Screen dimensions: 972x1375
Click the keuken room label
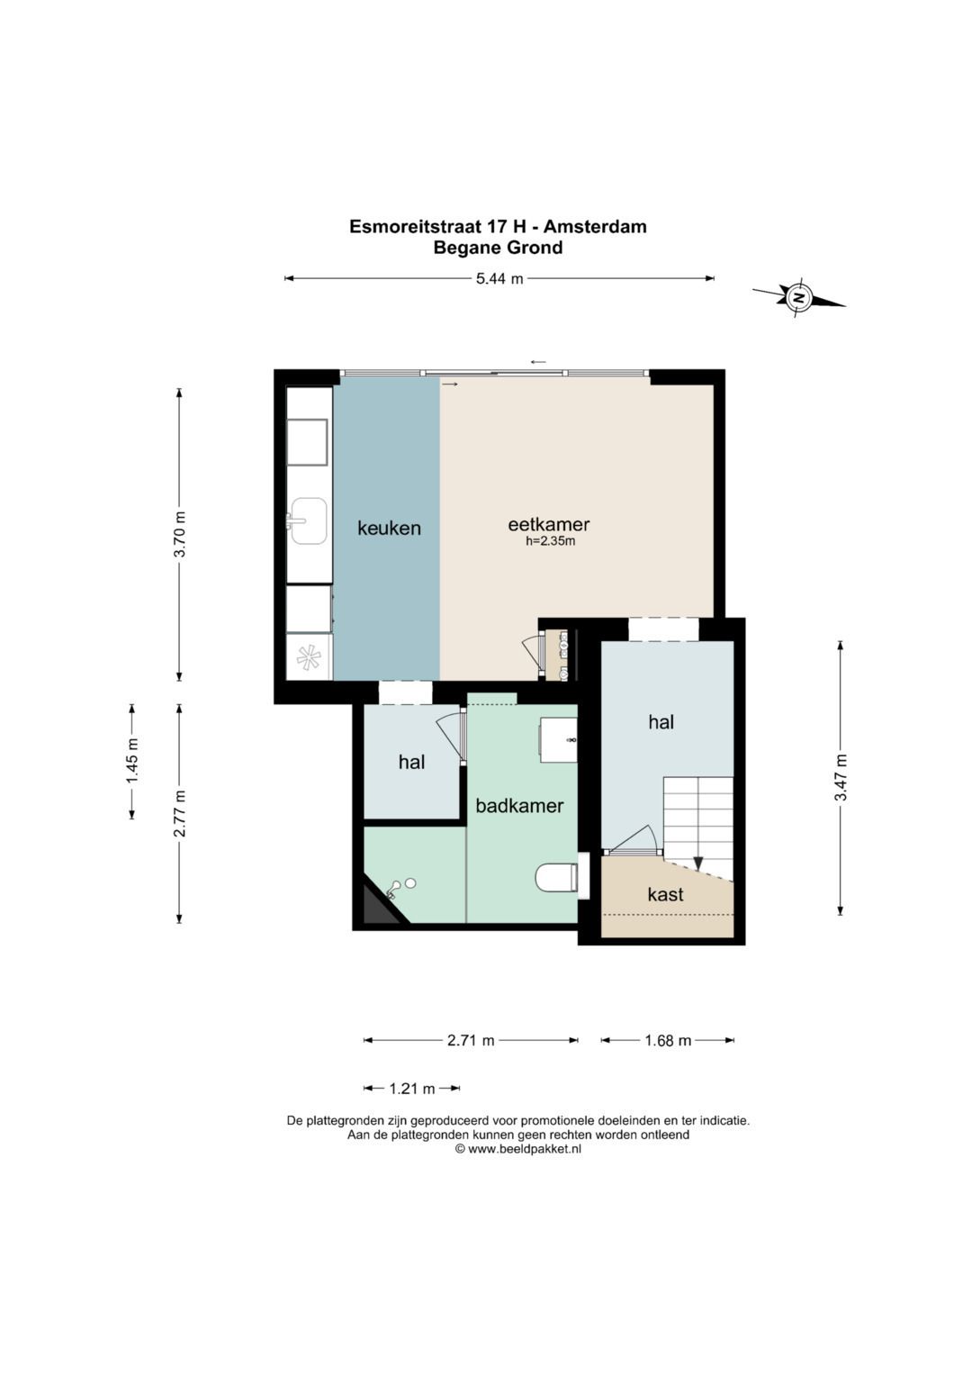389,528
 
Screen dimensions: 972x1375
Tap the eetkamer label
549,524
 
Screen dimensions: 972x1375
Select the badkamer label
519,805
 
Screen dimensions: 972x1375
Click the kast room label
665,894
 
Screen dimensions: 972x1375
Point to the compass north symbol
798,297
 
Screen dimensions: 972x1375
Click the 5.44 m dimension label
499,278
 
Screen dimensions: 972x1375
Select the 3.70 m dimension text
180,534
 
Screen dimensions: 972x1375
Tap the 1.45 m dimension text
132,761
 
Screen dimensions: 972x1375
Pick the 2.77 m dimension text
180,813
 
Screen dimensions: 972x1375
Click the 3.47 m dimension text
841,777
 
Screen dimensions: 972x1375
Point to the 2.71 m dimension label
471,1040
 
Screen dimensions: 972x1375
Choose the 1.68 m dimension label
668,1040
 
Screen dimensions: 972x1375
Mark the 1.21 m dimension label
412,1089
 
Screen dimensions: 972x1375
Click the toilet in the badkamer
556,878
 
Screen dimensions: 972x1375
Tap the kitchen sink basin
309,521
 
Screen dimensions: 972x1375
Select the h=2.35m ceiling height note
551,541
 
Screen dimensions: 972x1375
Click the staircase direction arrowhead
698,863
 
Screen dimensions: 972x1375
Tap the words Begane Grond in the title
498,248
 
